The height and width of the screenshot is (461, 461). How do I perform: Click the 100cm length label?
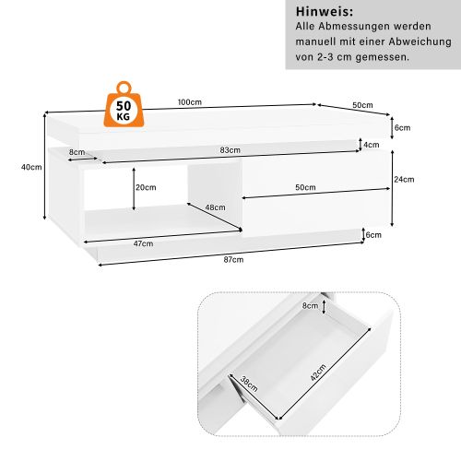point(190,102)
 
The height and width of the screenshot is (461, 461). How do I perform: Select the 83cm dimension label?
point(230,150)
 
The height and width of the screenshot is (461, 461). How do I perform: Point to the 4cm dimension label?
point(372,146)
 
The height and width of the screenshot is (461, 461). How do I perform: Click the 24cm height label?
point(402,180)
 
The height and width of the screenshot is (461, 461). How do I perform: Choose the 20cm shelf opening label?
point(145,187)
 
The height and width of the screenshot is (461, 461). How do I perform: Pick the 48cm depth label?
point(215,207)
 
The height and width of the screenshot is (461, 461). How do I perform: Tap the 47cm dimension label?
point(142,243)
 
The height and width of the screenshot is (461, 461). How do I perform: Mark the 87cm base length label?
point(233,261)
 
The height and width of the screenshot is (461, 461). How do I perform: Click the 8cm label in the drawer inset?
point(310,305)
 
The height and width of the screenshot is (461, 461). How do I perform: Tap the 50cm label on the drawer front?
point(305,188)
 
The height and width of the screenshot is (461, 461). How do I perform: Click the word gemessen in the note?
point(381,57)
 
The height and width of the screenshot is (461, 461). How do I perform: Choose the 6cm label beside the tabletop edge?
point(402,127)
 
